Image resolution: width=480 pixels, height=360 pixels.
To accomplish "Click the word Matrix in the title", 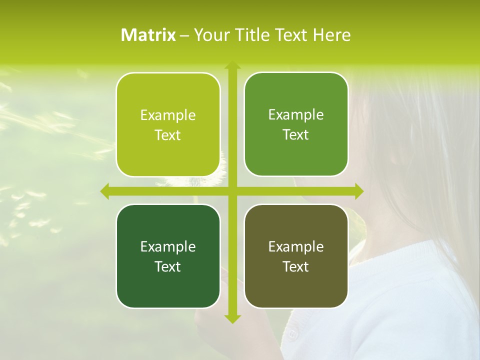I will point(148,35).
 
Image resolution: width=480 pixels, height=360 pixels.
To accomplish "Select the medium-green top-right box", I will point(296,155).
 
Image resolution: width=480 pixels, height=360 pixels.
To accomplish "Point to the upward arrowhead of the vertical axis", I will point(232,65).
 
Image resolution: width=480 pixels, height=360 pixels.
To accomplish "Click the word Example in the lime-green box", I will point(168,115).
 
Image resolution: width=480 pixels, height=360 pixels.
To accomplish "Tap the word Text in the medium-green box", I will point(296,135).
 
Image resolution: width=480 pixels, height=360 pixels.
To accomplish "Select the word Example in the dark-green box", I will point(168,246).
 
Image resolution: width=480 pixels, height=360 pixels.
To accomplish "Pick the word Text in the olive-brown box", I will point(296,266).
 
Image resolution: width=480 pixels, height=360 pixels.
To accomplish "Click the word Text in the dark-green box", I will point(168,266).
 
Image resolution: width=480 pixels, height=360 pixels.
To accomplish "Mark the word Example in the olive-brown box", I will point(296,246).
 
